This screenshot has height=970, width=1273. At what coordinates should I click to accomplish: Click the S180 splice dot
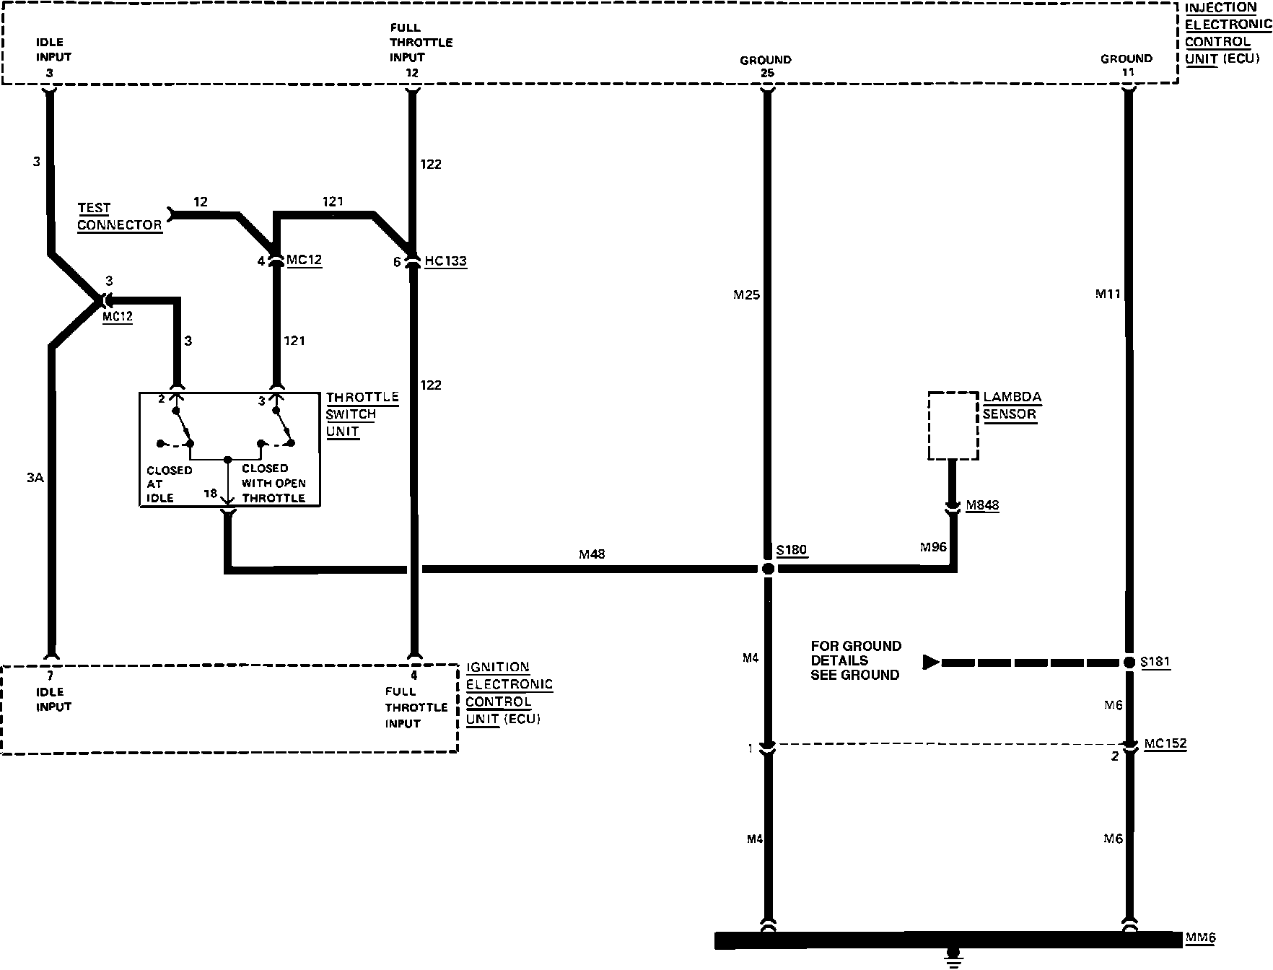(768, 569)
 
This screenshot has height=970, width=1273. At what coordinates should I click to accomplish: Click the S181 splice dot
(1129, 663)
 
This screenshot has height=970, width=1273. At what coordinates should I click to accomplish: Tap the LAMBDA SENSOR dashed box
(953, 426)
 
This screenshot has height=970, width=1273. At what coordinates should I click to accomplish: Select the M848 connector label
(982, 505)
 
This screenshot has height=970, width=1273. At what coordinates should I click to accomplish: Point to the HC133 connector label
(445, 261)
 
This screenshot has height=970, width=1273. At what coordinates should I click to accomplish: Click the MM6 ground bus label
(1200, 938)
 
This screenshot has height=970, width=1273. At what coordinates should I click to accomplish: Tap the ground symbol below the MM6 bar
(954, 959)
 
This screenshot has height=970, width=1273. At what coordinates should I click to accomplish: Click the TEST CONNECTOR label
(120, 217)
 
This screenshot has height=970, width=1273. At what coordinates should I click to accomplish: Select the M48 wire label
(592, 554)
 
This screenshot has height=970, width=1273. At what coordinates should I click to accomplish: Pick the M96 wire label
(933, 547)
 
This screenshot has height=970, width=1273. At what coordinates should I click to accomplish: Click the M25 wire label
(746, 294)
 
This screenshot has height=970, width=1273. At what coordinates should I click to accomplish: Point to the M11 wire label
(1107, 294)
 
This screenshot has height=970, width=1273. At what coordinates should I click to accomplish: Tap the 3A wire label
(35, 477)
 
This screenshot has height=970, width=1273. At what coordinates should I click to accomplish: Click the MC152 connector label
(1165, 743)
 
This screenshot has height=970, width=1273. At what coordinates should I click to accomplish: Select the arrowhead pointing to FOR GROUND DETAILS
(931, 662)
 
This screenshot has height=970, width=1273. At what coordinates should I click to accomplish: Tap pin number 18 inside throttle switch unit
(210, 494)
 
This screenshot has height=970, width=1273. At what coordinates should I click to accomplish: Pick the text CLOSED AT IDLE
(169, 484)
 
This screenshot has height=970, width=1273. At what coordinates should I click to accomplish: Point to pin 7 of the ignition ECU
(50, 676)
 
